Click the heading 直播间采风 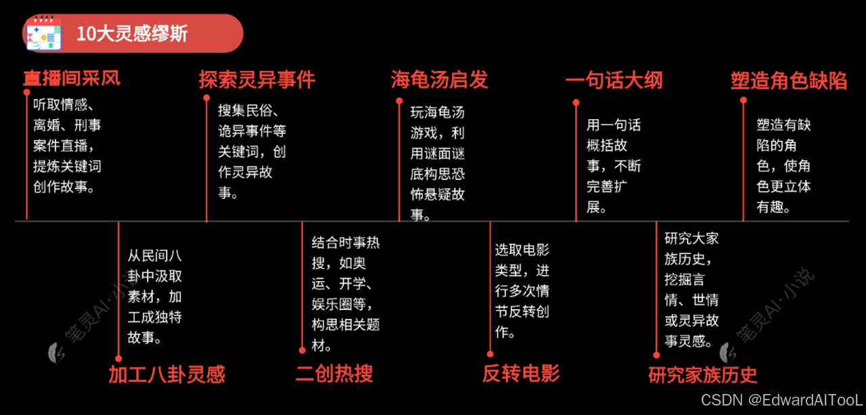(x=72, y=78)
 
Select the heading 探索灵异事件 (x=256, y=80)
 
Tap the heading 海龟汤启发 (x=439, y=80)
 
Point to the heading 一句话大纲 (x=614, y=81)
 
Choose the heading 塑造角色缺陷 (x=789, y=81)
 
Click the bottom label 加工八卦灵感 (x=166, y=374)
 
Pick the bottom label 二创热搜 (x=334, y=373)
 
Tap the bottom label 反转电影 (x=521, y=373)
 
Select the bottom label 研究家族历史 (x=703, y=374)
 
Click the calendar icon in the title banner (x=44, y=33)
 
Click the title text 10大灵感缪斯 (x=132, y=34)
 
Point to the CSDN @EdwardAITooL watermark (x=781, y=399)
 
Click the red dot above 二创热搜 (x=302, y=350)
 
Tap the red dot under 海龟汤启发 (x=399, y=101)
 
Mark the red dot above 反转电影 (x=490, y=353)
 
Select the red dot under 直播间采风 (x=26, y=91)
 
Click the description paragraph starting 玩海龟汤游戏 (x=438, y=163)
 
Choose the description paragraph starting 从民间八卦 (x=155, y=297)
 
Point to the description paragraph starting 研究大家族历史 (x=691, y=289)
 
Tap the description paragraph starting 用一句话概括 (x=614, y=166)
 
